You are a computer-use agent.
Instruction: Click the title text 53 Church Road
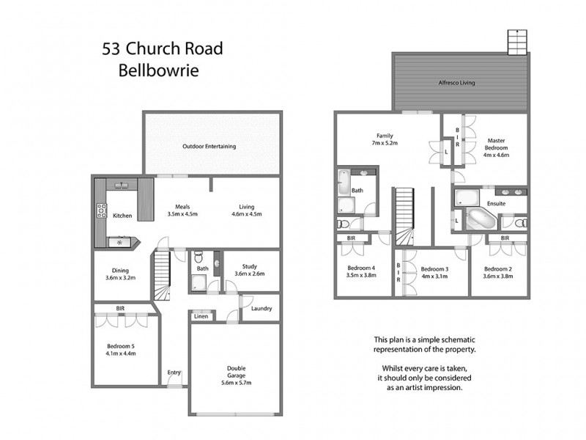point(162,50)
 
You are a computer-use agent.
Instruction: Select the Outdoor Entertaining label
point(209,147)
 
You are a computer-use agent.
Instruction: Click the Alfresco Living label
point(456,83)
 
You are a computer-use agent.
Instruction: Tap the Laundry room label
point(262,308)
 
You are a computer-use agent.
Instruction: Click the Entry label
point(174,373)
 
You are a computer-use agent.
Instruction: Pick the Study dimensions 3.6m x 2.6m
point(249,274)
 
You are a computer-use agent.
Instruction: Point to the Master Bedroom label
point(496,143)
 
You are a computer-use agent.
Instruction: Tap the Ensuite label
point(497,203)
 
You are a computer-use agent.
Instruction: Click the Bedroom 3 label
point(434,268)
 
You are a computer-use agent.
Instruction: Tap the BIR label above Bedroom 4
point(352,238)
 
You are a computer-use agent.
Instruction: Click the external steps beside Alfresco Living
point(518,42)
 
